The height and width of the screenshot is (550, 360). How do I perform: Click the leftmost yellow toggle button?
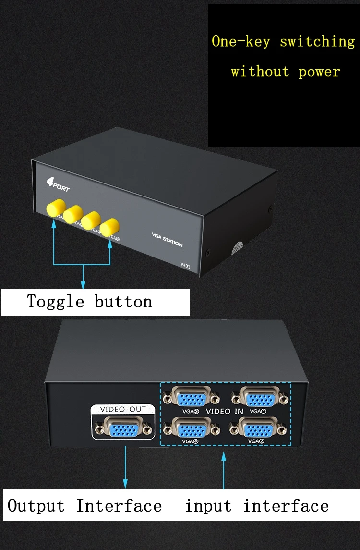point(55,208)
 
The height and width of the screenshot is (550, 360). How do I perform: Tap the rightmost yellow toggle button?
point(110,225)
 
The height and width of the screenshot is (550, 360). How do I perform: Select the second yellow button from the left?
point(73,214)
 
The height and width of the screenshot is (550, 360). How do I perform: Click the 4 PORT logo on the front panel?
point(57,184)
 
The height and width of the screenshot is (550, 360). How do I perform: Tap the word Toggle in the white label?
point(55,302)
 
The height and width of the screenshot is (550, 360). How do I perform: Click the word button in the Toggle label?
point(123,302)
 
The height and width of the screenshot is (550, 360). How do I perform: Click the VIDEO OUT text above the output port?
point(123,409)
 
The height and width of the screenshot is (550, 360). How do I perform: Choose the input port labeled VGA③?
point(192,397)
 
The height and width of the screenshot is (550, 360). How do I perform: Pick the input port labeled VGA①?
point(259,397)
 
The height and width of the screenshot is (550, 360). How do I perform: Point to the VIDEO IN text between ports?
point(225,412)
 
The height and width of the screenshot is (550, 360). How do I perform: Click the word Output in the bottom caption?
point(36,506)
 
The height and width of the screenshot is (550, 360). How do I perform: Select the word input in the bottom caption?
point(208,506)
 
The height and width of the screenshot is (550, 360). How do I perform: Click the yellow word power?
point(319,72)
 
